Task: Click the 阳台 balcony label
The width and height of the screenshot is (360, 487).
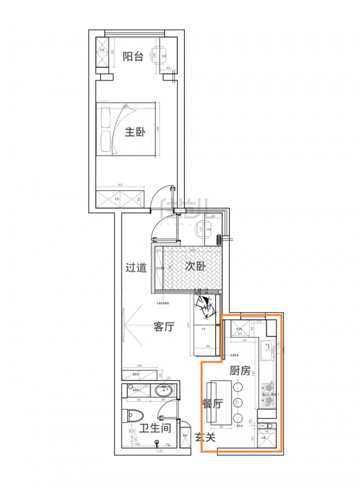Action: click(x=133, y=56)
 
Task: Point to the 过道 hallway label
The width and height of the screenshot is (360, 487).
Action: click(x=136, y=267)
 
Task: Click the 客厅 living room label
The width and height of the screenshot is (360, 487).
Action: click(x=164, y=327)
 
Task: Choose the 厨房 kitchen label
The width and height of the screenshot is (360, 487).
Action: click(x=240, y=371)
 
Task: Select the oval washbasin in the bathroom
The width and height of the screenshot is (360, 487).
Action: click(x=163, y=392)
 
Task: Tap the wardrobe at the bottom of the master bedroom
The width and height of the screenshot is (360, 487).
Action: click(x=121, y=197)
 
